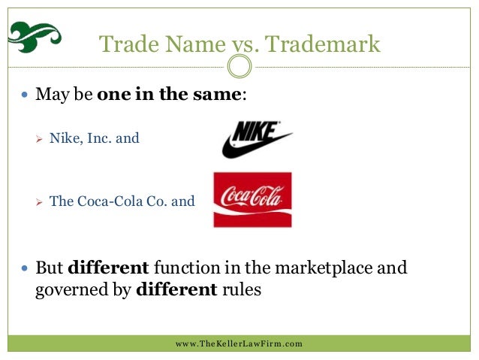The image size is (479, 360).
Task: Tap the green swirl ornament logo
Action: [34, 34]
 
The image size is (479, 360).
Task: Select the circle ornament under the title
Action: [239, 68]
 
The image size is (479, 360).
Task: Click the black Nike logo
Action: [256, 140]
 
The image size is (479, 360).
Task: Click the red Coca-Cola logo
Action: [252, 200]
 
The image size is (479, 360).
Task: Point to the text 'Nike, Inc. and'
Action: [94, 138]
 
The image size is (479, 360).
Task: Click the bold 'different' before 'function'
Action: [108, 268]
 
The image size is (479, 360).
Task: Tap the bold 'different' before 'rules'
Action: [175, 289]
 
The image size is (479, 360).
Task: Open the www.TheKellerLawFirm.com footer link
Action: [239, 343]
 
